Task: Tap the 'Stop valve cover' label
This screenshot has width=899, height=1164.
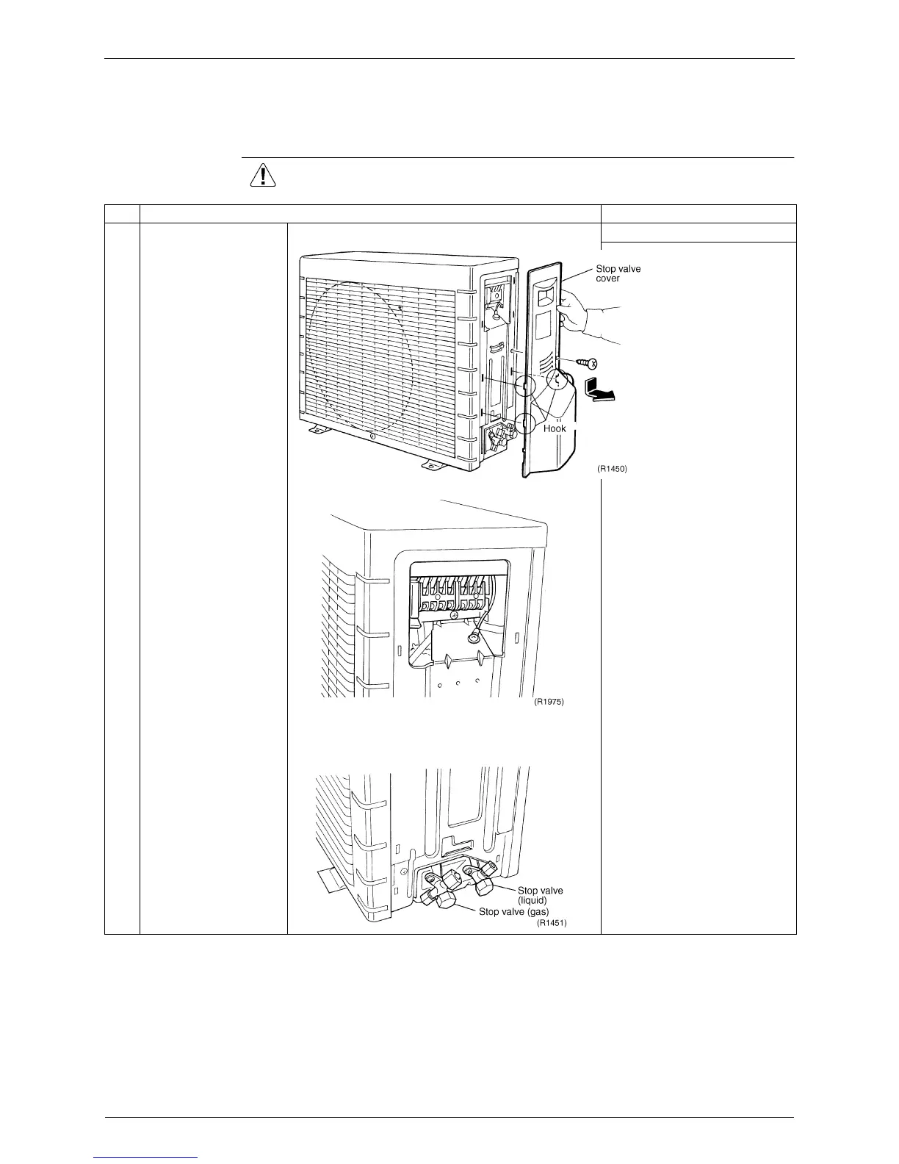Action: click(x=618, y=273)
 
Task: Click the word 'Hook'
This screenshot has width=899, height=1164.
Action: click(x=555, y=428)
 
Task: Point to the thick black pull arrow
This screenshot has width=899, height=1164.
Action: click(x=599, y=388)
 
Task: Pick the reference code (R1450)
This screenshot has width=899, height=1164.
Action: click(x=612, y=469)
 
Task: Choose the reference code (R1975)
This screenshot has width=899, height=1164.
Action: click(x=549, y=703)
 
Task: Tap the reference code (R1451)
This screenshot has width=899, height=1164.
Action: click(x=552, y=923)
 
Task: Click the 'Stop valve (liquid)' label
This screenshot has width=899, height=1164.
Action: click(x=540, y=895)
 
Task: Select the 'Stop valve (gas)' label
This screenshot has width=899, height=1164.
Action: click(x=513, y=912)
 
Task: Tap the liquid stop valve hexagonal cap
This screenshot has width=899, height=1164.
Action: click(x=483, y=885)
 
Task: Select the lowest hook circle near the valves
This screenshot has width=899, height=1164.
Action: click(x=524, y=424)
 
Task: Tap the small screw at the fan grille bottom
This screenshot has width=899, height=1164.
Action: click(x=372, y=437)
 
